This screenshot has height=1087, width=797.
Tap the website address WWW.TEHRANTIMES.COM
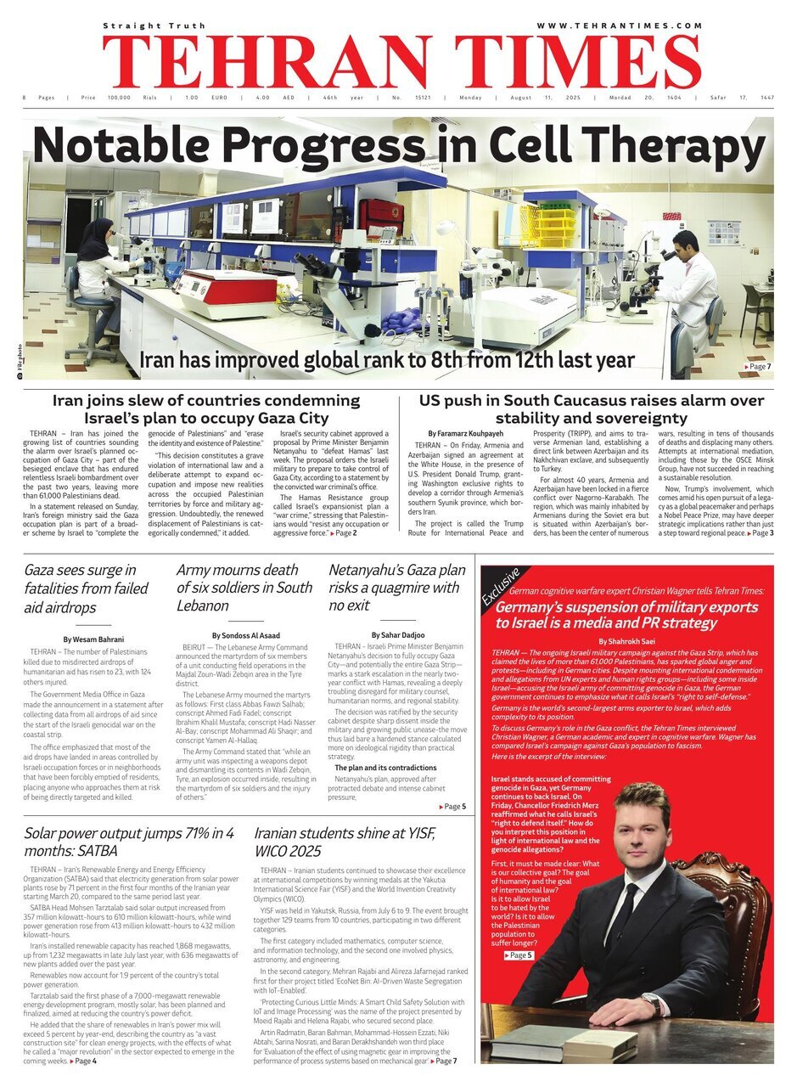coord(620,26)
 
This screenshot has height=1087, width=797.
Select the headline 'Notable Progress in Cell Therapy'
coord(399,145)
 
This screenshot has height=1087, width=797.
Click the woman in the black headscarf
coord(95,263)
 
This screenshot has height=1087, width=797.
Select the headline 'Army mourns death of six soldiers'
coord(244,588)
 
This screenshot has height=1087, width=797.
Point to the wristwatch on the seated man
coord(651,1005)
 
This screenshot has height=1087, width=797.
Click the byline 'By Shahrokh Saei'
coord(627,641)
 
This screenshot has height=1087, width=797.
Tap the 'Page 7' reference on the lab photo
coord(757,366)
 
